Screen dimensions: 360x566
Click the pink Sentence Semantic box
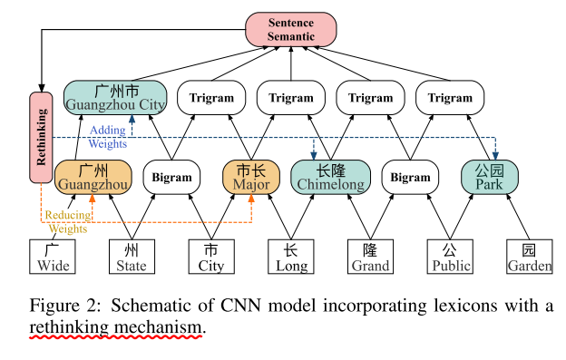click(291, 27)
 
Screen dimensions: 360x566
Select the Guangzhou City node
click(115, 98)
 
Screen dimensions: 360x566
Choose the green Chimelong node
click(331, 177)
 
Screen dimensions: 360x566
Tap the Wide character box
click(53, 257)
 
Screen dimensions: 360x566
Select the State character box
click(132, 257)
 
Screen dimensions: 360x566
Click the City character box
click(211, 257)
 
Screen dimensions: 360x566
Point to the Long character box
click(291, 257)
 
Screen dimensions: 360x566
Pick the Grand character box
click(371, 257)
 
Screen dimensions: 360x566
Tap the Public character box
click(450, 257)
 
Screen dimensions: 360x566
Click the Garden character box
click(530, 257)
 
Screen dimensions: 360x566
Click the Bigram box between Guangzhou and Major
click(171, 178)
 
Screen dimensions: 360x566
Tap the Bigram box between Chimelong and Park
click(411, 178)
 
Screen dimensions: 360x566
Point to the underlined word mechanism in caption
click(160, 326)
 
